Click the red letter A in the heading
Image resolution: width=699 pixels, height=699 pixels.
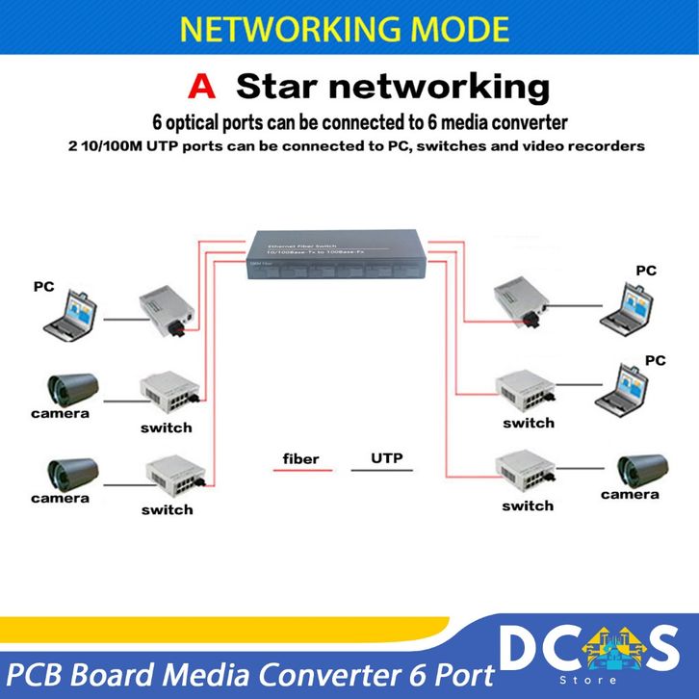click(x=202, y=87)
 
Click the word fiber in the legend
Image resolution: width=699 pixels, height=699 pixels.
click(x=300, y=458)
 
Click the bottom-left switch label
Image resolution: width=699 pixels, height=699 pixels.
click(x=167, y=509)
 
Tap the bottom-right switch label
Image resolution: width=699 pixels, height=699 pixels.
click(x=528, y=505)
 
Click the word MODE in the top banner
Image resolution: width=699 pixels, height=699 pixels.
click(x=458, y=29)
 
